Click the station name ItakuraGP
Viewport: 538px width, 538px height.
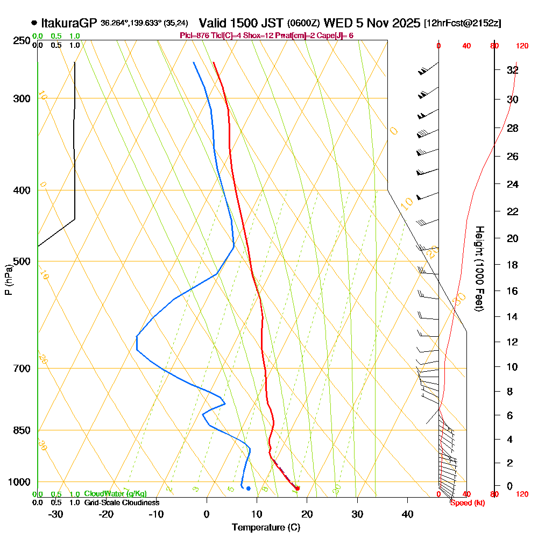point(69,23)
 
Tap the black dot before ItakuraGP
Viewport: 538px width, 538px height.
point(34,23)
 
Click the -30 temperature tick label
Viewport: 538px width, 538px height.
point(56,514)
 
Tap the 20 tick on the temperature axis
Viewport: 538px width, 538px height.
point(307,514)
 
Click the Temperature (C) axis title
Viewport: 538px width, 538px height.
point(266,528)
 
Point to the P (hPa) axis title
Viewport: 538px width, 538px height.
point(9,280)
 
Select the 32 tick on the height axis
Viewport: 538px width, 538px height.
point(512,70)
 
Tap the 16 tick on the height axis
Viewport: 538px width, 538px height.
point(512,291)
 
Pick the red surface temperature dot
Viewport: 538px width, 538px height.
point(298,488)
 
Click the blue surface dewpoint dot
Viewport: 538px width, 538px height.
point(248,489)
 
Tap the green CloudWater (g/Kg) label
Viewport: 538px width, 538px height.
point(115,494)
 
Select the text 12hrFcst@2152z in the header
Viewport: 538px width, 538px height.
point(463,24)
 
